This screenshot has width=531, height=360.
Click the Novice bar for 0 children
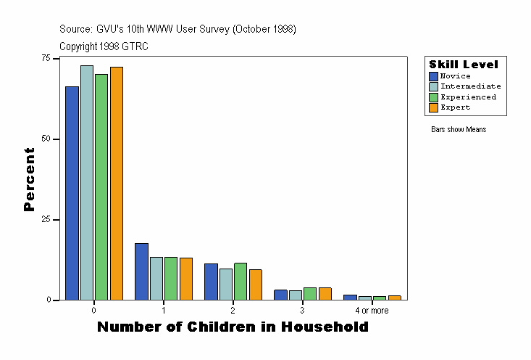(x=72, y=193)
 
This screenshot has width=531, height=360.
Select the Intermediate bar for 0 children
(x=87, y=182)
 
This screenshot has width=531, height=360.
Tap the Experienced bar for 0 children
(x=101, y=187)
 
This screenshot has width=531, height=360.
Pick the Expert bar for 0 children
(x=117, y=183)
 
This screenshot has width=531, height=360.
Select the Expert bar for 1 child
(x=186, y=279)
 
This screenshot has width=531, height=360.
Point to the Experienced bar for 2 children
(x=241, y=281)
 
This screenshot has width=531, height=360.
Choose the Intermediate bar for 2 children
(x=226, y=284)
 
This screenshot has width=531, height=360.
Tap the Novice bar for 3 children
(x=280, y=295)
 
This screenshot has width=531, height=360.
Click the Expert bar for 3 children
(x=325, y=293)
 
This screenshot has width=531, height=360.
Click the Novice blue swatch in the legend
(x=433, y=76)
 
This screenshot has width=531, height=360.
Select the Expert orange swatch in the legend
(x=433, y=107)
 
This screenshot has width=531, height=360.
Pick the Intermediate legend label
(x=470, y=86)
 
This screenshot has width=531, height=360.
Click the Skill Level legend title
(x=464, y=65)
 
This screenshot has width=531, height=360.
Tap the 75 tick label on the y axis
(x=46, y=58)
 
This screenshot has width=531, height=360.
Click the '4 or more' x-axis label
(x=372, y=311)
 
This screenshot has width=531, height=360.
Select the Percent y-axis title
(x=30, y=179)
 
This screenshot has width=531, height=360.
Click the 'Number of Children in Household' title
(x=233, y=327)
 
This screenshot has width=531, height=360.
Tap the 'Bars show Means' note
(x=459, y=130)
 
